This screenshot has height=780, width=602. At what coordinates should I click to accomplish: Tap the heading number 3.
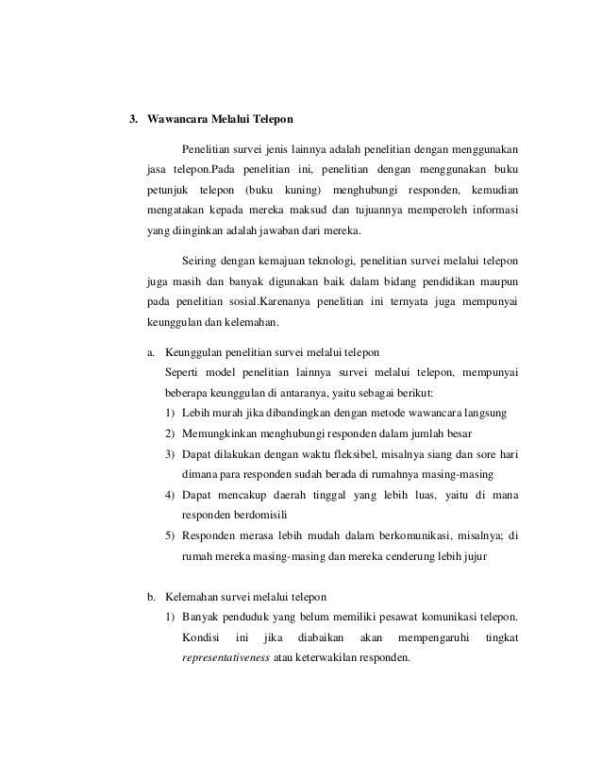134,120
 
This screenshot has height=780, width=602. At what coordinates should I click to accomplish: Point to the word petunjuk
170,190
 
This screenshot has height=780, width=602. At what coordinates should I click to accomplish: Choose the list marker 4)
170,495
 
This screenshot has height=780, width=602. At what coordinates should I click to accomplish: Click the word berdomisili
212,516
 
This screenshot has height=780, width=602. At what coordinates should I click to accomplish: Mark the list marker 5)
170,536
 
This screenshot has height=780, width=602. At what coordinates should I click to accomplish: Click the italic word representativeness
224,660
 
